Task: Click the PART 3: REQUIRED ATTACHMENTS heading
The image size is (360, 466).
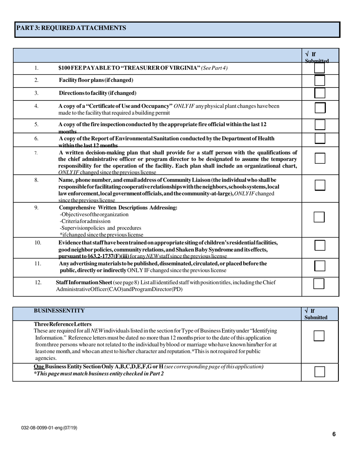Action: (70, 28)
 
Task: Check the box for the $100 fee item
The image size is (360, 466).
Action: (320, 68)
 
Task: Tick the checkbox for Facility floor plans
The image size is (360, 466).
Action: (320, 80)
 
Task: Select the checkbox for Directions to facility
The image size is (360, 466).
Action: (320, 93)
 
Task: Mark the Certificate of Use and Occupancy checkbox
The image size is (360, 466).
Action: (320, 108)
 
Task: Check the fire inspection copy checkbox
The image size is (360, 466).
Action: (320, 125)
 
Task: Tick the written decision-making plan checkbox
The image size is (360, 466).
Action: (320, 158)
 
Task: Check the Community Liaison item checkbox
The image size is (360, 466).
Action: (320, 185)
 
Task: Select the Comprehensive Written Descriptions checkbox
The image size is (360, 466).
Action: (319, 217)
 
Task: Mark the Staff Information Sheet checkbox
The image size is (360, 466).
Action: (319, 284)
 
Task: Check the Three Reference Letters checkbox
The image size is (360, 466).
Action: (319, 336)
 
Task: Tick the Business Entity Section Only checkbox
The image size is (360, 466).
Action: (320, 372)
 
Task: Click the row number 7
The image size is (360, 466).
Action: (36, 153)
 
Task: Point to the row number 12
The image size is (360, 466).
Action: (38, 282)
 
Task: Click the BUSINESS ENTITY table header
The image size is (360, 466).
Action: (59, 311)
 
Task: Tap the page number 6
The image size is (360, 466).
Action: (334, 435)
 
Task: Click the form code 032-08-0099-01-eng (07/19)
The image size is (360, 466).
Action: (49, 428)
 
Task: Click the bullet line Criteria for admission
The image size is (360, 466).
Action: (85, 221)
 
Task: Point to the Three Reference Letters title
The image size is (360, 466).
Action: (63, 324)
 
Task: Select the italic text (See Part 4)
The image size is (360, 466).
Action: (214, 68)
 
